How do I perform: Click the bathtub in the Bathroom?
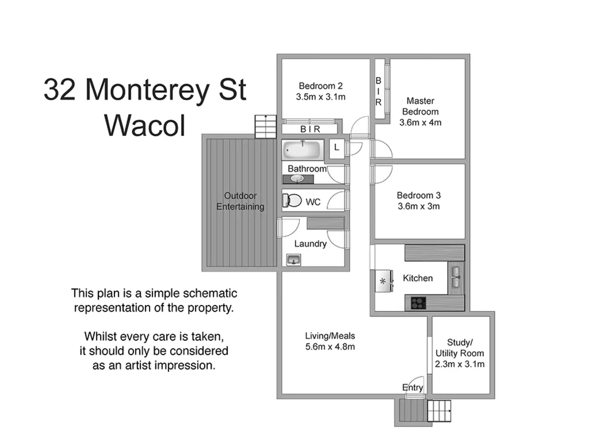click(303, 150)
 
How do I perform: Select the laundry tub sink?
click(294, 260)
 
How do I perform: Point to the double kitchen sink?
click(456, 277)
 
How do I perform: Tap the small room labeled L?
click(337, 147)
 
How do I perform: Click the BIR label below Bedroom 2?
click(310, 129)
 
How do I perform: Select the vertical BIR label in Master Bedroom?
click(378, 91)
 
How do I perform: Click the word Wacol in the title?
click(145, 126)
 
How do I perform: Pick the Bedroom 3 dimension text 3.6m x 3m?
click(419, 207)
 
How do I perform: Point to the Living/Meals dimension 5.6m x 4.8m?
click(330, 347)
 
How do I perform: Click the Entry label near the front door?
click(412, 387)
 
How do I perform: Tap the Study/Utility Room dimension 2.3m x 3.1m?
click(459, 364)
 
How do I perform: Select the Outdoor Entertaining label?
click(240, 201)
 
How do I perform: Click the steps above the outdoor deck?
click(266, 126)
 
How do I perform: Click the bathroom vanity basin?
click(297, 179)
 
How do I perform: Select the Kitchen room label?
click(418, 278)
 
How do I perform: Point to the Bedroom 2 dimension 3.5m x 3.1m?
click(321, 97)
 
